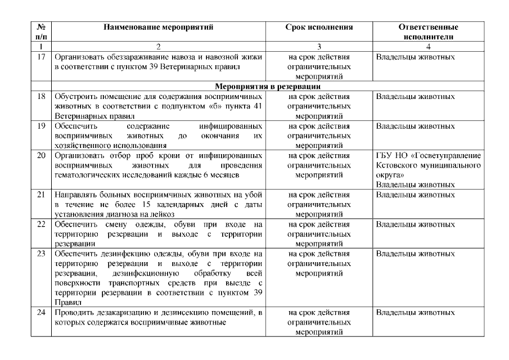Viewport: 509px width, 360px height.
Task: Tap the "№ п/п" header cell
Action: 40,31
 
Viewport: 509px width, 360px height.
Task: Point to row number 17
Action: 40,57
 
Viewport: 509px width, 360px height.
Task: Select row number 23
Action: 40,253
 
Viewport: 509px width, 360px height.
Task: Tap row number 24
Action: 40,312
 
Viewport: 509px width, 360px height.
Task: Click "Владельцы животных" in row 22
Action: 415,224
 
